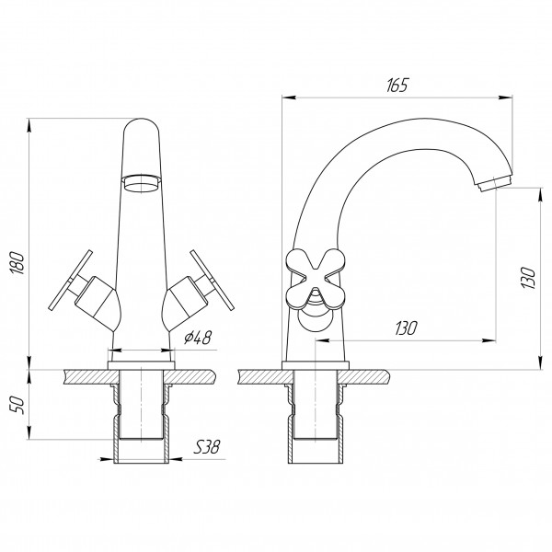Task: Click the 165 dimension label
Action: (x=397, y=86)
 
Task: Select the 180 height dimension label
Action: (x=17, y=263)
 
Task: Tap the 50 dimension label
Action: (x=17, y=405)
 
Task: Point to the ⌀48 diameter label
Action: (x=198, y=338)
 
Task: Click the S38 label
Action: (x=207, y=447)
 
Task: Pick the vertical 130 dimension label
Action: (x=528, y=278)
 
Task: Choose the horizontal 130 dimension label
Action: (x=406, y=328)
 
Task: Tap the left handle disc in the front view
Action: (x=71, y=281)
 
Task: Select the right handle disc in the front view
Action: (x=212, y=281)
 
